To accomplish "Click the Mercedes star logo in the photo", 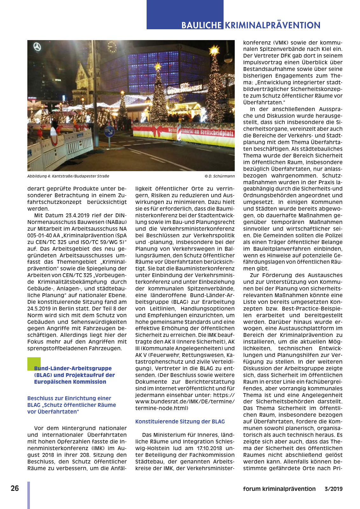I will point(38,47).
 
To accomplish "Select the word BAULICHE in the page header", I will point(201,25).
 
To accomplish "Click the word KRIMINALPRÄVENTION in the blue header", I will point(273,25).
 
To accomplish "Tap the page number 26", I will point(15,488).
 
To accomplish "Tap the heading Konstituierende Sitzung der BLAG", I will point(180,422).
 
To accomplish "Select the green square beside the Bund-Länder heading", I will point(34,364).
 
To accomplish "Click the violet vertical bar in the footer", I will point(29,495).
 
